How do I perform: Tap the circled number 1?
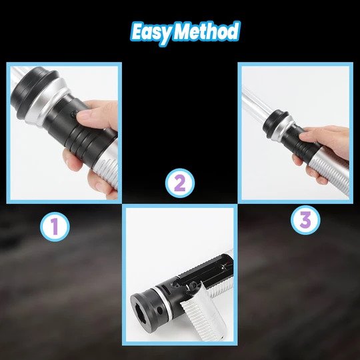(55, 227)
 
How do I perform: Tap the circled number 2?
(180, 183)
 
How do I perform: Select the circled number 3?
(305, 220)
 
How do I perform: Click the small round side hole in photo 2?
(159, 310)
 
